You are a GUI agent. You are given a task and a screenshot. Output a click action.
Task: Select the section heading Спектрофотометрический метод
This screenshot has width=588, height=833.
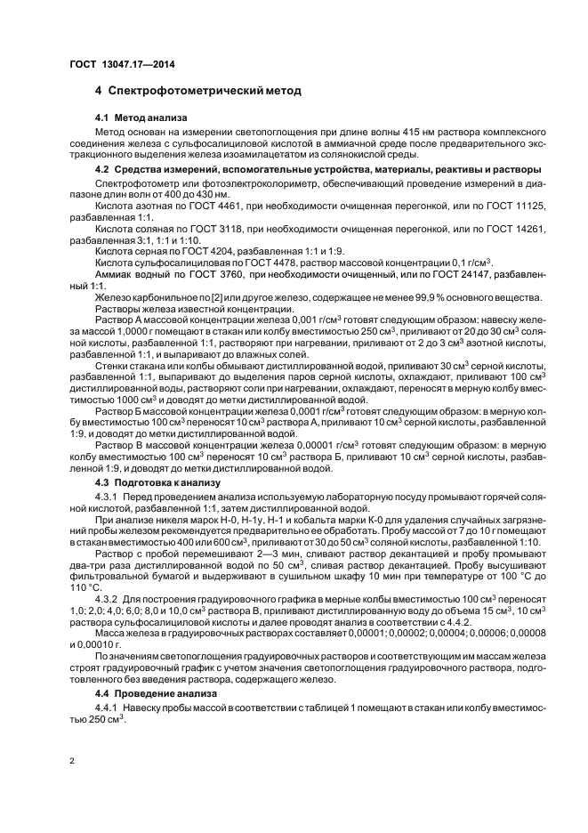pyautogui.click(x=205, y=91)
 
